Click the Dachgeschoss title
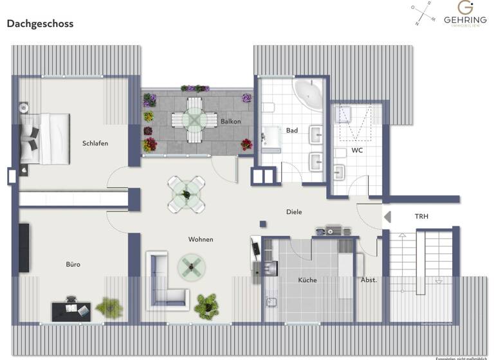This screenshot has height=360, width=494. click(x=40, y=24)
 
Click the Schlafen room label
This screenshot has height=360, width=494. click(x=95, y=143)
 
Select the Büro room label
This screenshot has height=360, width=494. click(x=73, y=264)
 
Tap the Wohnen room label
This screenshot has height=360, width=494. click(x=201, y=240)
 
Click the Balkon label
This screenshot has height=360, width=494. click(x=231, y=121)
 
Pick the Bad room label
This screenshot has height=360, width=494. click(x=292, y=130)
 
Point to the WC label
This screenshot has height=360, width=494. click(x=358, y=150)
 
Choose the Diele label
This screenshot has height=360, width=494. click(x=294, y=212)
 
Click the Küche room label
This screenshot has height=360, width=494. click(x=307, y=280)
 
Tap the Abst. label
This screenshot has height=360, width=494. click(x=369, y=280)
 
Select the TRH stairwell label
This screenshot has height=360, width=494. click(x=421, y=217)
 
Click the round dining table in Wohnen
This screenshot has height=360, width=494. click(x=187, y=193)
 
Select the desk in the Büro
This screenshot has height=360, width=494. click(x=71, y=310)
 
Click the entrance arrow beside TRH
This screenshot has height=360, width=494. click(x=387, y=217)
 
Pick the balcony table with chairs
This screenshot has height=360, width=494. click(x=194, y=120)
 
